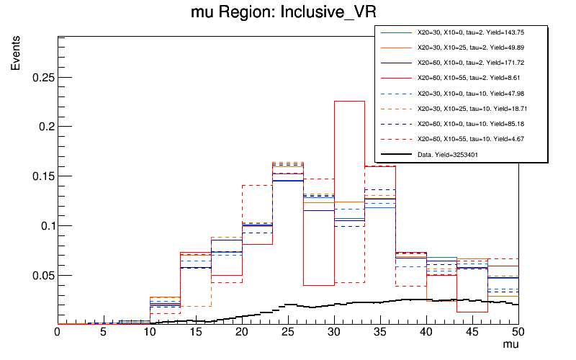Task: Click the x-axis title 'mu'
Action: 510,346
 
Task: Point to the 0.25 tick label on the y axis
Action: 42,77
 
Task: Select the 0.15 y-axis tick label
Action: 42,176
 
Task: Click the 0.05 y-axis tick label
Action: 42,276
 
